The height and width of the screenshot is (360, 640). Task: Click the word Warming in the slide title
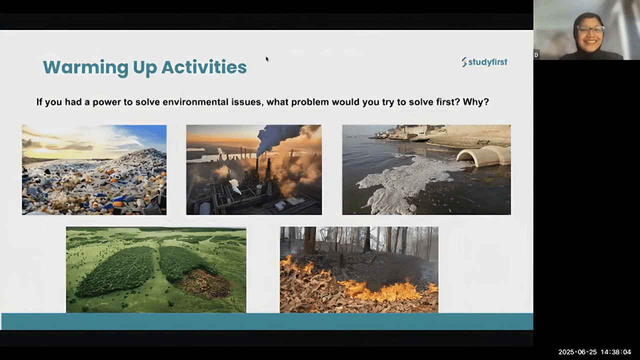(85, 67)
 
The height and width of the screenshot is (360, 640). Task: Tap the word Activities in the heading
(204, 67)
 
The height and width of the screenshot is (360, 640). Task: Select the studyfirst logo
(484, 62)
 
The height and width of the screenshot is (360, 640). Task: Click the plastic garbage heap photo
(94, 170)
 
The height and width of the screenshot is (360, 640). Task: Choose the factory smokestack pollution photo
(254, 169)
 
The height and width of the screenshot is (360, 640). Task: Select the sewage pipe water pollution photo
(426, 169)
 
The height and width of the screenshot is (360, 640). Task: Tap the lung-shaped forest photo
(156, 269)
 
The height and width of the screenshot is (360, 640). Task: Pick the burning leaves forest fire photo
(359, 269)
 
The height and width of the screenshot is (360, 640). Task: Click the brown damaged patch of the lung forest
(203, 283)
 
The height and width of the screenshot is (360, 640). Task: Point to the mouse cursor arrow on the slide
(267, 59)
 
